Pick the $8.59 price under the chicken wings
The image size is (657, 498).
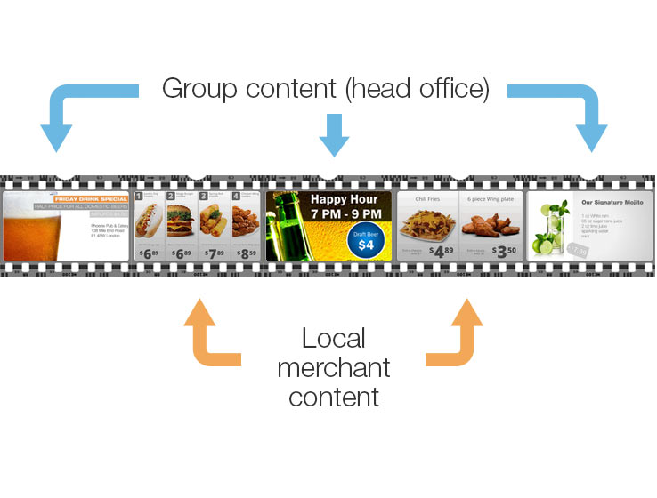(x=244, y=252)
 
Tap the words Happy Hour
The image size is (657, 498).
(x=345, y=199)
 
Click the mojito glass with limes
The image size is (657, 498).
(x=551, y=228)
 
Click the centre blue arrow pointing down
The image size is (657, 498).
(x=334, y=134)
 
